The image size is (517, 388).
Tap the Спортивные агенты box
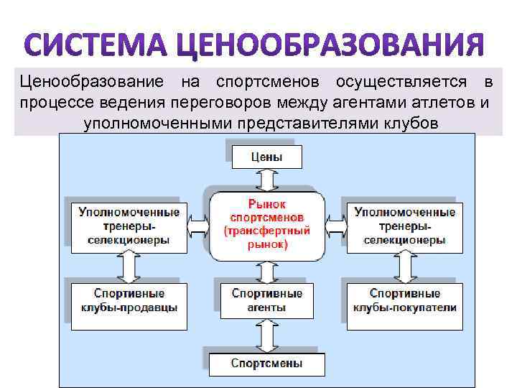click(x=267, y=300)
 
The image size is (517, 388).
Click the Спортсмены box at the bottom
click(x=267, y=364)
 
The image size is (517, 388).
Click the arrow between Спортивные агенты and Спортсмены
click(x=267, y=336)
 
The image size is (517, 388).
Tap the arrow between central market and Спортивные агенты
click(x=267, y=272)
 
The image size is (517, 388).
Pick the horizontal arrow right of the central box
click(x=335, y=226)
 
